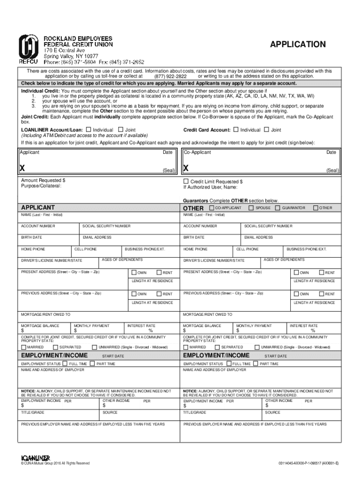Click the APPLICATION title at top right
coord(298,44)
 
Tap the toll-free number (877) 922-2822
coord(171,76)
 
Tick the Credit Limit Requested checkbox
coord(186,181)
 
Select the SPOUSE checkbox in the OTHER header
coord(251,208)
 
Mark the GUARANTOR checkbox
coord(278,208)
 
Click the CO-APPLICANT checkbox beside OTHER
coord(211,208)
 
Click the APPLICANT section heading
coord(38,207)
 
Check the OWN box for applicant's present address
coord(134,273)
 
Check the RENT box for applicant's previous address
coord(159,294)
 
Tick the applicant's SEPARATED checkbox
coord(56,347)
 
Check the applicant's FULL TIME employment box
coord(65,363)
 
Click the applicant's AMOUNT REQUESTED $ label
coord(43,180)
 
